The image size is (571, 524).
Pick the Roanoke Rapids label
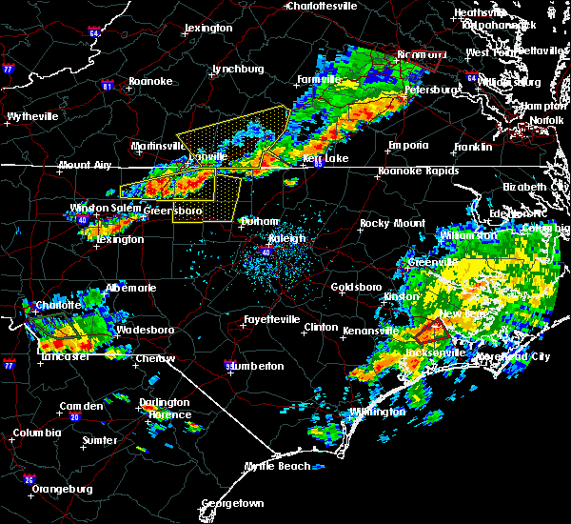point(413,171)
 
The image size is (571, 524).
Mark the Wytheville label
point(32,116)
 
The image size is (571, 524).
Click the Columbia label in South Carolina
point(37,433)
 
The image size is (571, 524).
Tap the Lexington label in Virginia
point(208,29)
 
